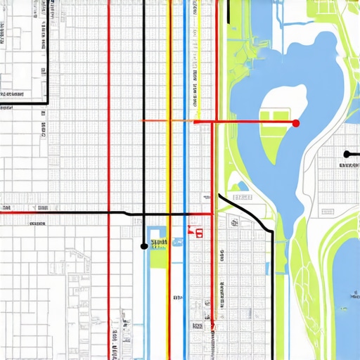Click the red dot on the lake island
click(x=295, y=123)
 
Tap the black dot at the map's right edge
click(x=347, y=154)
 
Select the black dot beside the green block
click(x=144, y=246)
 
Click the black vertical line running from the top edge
click(x=144, y=70)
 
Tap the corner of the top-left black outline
click(x=47, y=103)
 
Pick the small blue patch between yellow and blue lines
click(x=177, y=243)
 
